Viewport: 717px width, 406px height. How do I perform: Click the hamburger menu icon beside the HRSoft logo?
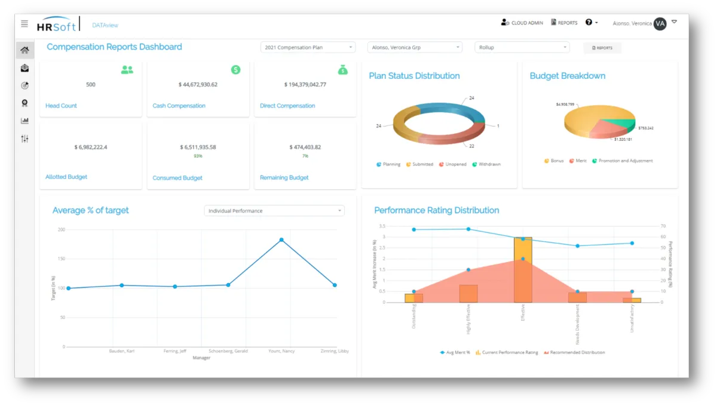(x=24, y=24)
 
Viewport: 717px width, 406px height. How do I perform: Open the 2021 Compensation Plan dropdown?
(x=308, y=47)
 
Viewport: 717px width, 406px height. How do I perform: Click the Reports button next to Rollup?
(x=602, y=48)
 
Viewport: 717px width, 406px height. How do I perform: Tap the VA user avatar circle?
(x=660, y=24)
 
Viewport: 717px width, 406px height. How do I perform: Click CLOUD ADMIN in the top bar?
(x=522, y=23)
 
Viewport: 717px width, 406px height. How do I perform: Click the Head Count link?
(x=61, y=106)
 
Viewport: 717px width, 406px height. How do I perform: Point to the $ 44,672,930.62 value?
(x=198, y=85)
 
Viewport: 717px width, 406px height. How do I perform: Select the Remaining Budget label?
(x=284, y=177)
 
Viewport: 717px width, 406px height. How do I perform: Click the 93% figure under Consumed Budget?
(x=198, y=156)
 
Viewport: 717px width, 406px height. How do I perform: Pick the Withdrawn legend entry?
(x=486, y=164)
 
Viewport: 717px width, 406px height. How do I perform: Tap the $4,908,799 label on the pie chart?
(x=565, y=104)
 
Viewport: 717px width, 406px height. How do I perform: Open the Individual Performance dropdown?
(x=274, y=211)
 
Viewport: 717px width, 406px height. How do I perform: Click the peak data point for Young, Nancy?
(x=281, y=240)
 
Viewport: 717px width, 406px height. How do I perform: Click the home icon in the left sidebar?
(x=24, y=50)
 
